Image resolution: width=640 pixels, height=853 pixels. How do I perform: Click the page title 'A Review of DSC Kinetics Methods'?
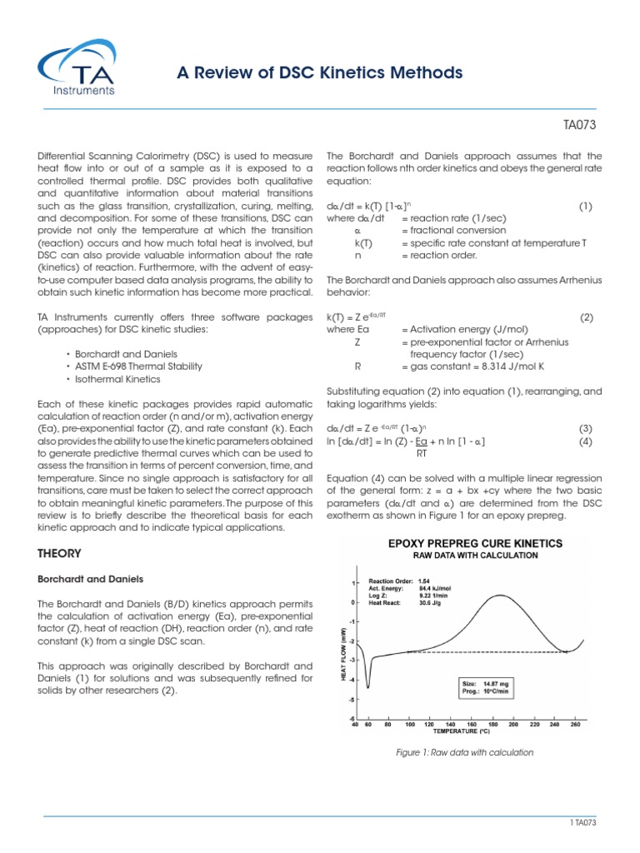pyautogui.click(x=319, y=73)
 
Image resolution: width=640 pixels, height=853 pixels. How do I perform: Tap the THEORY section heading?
pyautogui.click(x=60, y=553)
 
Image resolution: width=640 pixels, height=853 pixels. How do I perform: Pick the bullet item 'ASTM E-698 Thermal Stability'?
pyautogui.click(x=130, y=367)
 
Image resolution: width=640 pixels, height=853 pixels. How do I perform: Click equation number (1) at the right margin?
pyautogui.click(x=585, y=206)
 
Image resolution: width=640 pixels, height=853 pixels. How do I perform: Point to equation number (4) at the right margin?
pyautogui.click(x=585, y=441)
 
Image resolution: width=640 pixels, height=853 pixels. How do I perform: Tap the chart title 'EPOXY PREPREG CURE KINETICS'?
pyautogui.click(x=465, y=543)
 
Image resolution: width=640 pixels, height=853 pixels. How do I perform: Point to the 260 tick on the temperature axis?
pyautogui.click(x=574, y=725)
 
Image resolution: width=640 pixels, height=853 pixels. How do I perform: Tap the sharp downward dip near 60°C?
pyautogui.click(x=369, y=686)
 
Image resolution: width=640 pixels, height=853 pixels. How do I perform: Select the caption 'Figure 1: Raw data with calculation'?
pyautogui.click(x=464, y=752)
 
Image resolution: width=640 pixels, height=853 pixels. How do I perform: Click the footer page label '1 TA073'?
pyautogui.click(x=581, y=822)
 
